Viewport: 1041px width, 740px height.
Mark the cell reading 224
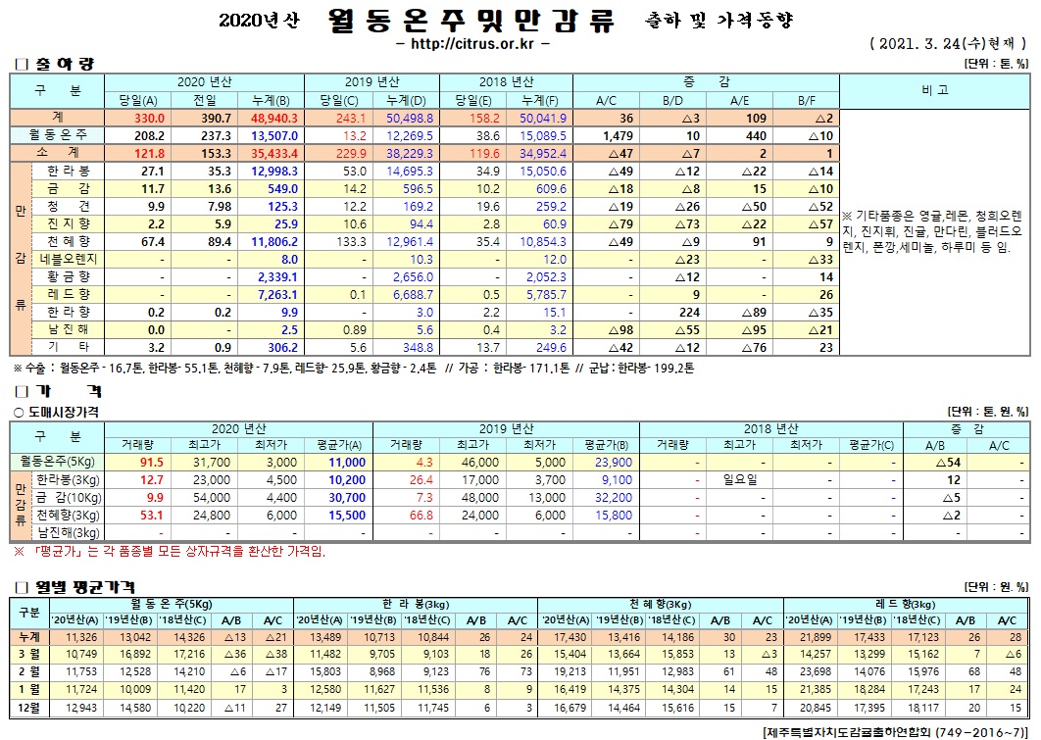click(689, 312)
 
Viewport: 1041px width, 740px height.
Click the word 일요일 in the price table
click(742, 480)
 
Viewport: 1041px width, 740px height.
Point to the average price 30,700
click(348, 498)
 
